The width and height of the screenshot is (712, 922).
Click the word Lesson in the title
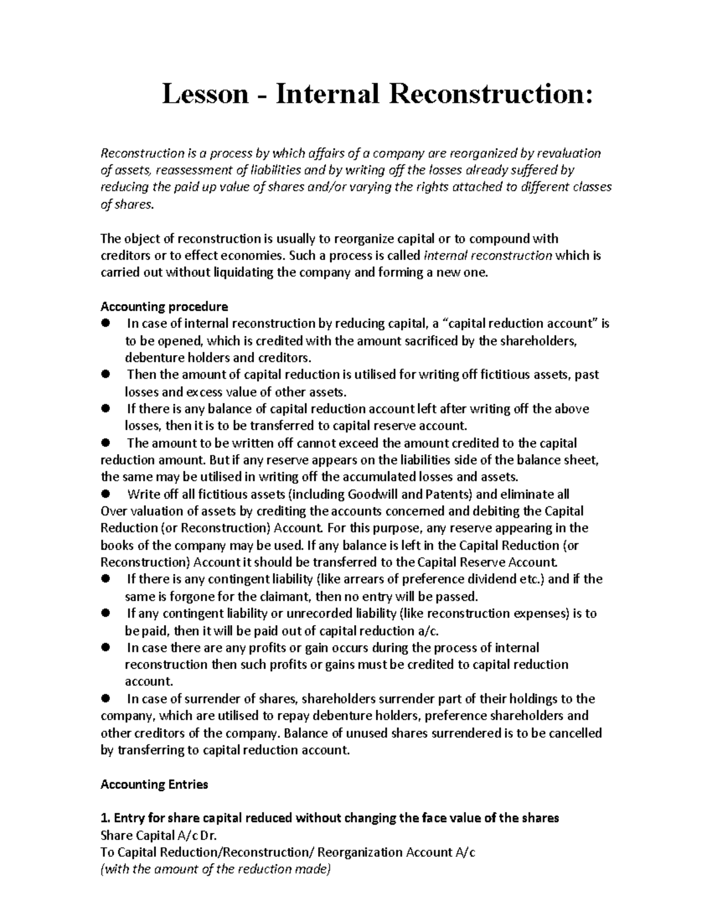[205, 94]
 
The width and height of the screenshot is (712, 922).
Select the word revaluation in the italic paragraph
[569, 153]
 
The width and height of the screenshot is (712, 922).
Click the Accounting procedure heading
[164, 307]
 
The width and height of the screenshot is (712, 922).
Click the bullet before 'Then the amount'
[106, 375]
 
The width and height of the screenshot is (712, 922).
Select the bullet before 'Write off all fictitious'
[106, 494]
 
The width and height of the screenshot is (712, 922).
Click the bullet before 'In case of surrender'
[106, 699]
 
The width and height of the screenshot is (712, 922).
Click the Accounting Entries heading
[154, 784]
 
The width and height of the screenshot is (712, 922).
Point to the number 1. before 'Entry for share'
[105, 818]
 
